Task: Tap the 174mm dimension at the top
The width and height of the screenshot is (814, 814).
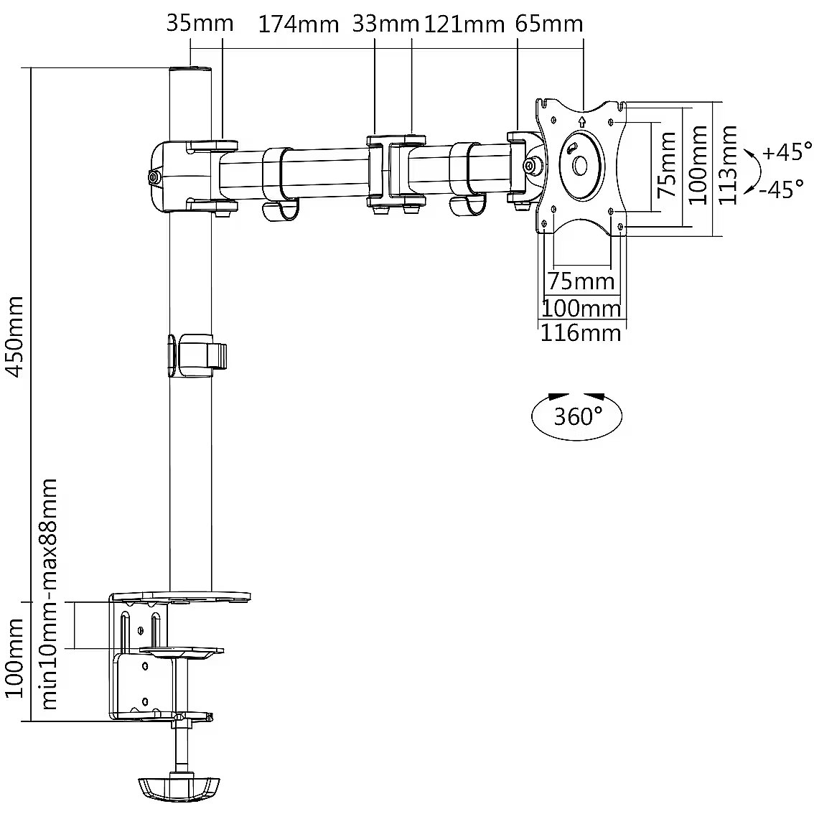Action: click(x=298, y=24)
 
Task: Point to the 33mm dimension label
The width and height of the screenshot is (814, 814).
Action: click(x=385, y=24)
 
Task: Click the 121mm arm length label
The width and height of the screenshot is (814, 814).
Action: click(x=464, y=24)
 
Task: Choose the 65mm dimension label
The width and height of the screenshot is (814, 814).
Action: click(x=548, y=24)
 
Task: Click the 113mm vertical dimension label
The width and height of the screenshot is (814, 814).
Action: click(x=728, y=164)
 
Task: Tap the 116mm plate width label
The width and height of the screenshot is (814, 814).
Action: click(x=580, y=333)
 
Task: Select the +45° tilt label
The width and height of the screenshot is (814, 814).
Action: click(x=787, y=153)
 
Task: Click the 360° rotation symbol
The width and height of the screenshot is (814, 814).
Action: click(x=576, y=415)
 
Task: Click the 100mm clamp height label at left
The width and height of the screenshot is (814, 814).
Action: click(x=15, y=661)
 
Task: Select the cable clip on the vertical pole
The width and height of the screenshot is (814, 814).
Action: click(x=198, y=355)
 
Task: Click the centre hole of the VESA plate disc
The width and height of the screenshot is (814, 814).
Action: click(x=579, y=165)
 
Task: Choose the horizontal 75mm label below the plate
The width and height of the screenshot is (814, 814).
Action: click(x=581, y=280)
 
